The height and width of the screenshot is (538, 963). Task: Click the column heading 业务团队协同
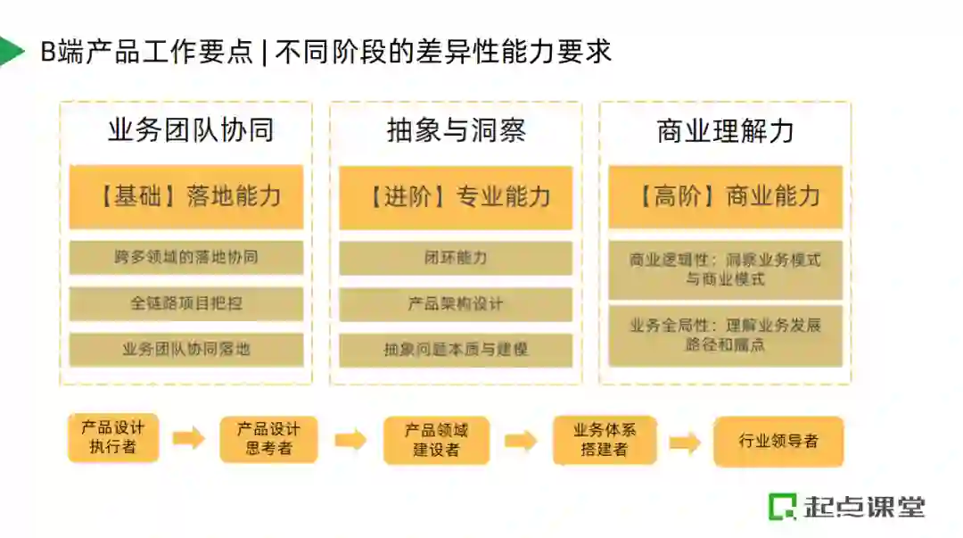click(190, 131)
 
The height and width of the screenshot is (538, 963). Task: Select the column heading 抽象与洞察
click(456, 131)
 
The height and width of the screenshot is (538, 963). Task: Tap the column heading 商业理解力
click(725, 131)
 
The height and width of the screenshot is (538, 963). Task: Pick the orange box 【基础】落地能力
click(186, 196)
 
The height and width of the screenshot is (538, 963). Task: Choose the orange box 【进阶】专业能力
click(456, 196)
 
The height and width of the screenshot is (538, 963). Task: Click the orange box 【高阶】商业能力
click(725, 196)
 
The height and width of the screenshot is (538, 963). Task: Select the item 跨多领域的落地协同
click(186, 258)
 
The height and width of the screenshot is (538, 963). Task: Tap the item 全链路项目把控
click(186, 303)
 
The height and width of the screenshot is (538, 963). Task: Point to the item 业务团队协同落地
click(186, 349)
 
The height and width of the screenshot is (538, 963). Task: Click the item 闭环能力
click(456, 258)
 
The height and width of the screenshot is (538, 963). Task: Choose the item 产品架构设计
click(456, 303)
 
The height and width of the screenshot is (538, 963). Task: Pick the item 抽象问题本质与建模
click(456, 349)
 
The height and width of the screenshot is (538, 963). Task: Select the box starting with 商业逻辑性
click(725, 269)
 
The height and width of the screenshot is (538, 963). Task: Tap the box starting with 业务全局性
click(725, 335)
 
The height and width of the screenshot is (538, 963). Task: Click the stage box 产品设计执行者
click(113, 438)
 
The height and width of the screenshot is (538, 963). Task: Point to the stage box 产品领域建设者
click(436, 440)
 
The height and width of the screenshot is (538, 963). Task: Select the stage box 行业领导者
click(778, 441)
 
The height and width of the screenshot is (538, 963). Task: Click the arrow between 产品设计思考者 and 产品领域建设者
click(350, 440)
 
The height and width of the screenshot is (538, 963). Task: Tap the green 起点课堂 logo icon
click(782, 507)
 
